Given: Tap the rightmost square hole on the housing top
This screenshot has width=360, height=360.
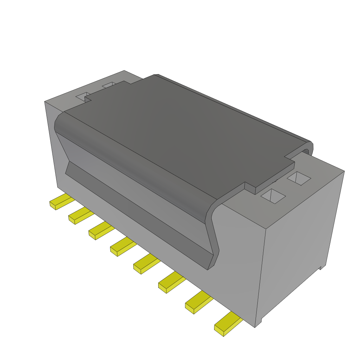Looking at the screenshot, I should coord(299,179).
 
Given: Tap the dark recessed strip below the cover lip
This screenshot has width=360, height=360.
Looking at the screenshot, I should coord(137,211).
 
